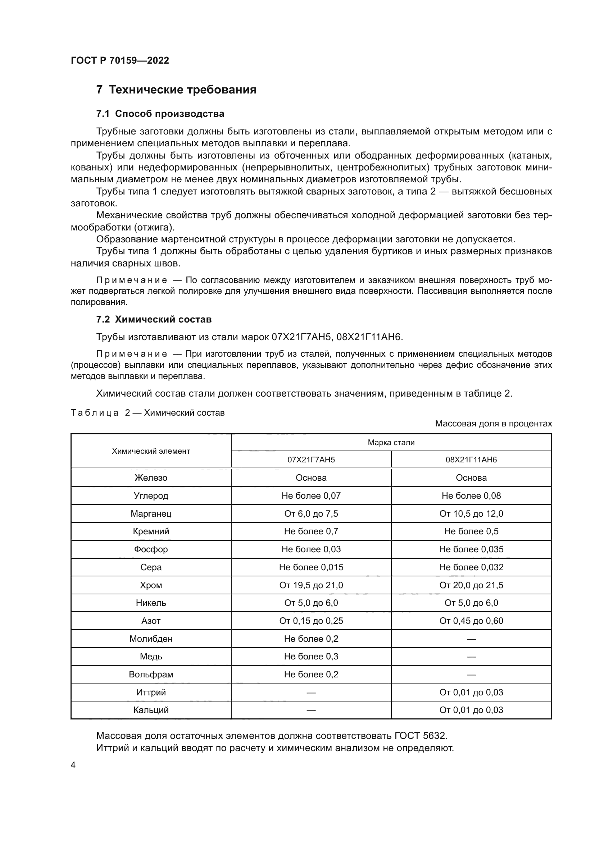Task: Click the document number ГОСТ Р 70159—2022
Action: tap(120, 60)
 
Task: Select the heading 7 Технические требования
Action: tap(176, 90)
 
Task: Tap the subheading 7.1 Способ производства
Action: tap(160, 114)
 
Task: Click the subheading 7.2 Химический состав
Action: tap(154, 319)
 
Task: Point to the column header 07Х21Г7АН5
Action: tap(311, 460)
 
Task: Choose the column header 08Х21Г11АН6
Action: tap(471, 460)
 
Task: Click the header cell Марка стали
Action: tap(391, 443)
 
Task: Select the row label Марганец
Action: tap(151, 513)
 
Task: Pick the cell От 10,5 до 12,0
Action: tap(471, 513)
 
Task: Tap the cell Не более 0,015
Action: tap(311, 567)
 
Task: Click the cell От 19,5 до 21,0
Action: tap(311, 585)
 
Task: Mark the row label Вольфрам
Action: tap(151, 675)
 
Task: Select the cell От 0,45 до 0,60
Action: tap(471, 621)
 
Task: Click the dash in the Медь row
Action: tap(471, 657)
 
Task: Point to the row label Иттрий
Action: tap(151, 693)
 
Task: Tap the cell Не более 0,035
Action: tap(471, 549)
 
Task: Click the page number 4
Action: tap(73, 765)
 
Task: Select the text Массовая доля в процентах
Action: tap(493, 424)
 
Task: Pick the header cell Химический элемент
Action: tap(151, 451)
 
